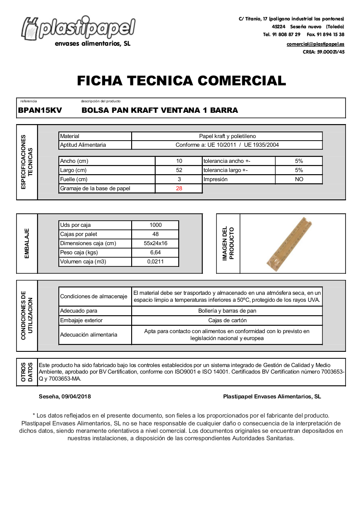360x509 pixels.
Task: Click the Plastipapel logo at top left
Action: pos(78,29)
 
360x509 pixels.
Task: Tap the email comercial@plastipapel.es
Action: pos(315,44)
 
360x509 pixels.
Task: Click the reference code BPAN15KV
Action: pos(40,111)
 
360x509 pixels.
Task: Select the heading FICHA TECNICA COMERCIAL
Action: pos(181,81)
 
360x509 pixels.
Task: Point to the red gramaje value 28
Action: pos(179,189)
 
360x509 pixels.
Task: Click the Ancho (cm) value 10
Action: pos(179,161)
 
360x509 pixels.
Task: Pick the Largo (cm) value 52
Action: pos(179,170)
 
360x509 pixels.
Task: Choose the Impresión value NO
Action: pos(299,179)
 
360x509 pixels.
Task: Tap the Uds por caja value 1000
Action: pos(155,225)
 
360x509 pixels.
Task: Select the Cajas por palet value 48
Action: pos(155,234)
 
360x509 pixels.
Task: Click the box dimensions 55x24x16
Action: pos(155,243)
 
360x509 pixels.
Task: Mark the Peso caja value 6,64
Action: pos(155,253)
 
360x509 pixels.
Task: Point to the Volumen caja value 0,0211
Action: pos(155,262)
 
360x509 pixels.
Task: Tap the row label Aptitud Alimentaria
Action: pos(83,145)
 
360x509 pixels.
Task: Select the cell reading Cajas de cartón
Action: pos(227,320)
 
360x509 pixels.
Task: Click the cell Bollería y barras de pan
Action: pos(227,311)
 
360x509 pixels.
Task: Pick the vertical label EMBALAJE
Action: pos(27,243)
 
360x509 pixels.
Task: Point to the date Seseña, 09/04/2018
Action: pos(65,397)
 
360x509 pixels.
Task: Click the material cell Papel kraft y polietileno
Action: pos(227,136)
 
